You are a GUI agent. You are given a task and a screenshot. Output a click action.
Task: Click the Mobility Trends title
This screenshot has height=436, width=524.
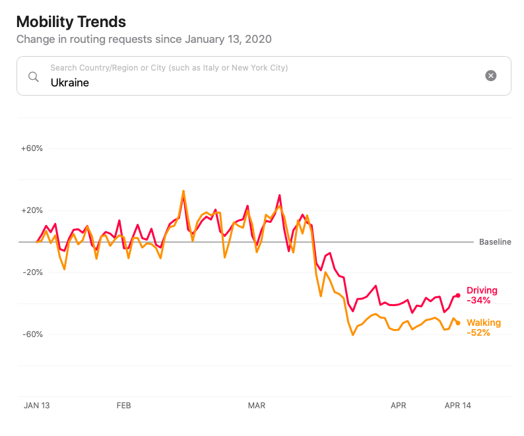pyautogui.click(x=71, y=22)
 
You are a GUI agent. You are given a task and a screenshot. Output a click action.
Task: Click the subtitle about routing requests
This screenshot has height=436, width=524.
pyautogui.click(x=144, y=39)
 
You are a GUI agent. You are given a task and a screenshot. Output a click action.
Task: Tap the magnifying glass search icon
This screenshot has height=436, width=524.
pyautogui.click(x=34, y=76)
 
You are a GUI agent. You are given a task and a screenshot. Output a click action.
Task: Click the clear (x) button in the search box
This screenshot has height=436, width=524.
pyautogui.click(x=491, y=76)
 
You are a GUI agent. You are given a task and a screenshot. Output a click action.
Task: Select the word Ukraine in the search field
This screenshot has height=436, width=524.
pyautogui.click(x=70, y=83)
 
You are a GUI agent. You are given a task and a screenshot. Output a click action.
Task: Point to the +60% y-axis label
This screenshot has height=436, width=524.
pyautogui.click(x=32, y=148)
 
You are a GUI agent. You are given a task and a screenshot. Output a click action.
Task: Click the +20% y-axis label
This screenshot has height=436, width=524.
pyautogui.click(x=32, y=210)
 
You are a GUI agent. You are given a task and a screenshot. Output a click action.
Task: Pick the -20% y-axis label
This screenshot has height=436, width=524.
pyautogui.click(x=32, y=272)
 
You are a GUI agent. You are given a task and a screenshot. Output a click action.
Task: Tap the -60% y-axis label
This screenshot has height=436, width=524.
pyautogui.click(x=32, y=334)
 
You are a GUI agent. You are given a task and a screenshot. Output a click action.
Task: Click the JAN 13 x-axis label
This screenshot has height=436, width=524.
pyautogui.click(x=36, y=405)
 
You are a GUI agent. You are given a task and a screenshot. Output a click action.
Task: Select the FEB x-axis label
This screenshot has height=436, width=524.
pyautogui.click(x=123, y=405)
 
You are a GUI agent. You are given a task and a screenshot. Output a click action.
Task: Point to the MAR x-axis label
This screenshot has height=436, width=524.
pyautogui.click(x=256, y=405)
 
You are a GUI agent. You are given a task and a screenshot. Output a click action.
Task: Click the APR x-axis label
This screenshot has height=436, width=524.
pyautogui.click(x=398, y=405)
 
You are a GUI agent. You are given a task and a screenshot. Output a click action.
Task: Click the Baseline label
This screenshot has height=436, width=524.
pyautogui.click(x=495, y=242)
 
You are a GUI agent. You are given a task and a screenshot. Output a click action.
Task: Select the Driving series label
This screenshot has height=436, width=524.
pyautogui.click(x=482, y=290)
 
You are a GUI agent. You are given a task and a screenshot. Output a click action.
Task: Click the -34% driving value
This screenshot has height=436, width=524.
pyautogui.click(x=478, y=300)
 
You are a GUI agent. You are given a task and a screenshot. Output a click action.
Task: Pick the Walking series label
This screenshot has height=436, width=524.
pyautogui.click(x=484, y=323)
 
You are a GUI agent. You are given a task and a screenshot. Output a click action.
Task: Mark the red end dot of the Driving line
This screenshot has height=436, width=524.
pyautogui.click(x=458, y=296)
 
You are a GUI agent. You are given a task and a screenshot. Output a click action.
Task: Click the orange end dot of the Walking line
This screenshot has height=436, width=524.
pyautogui.click(x=458, y=323)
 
